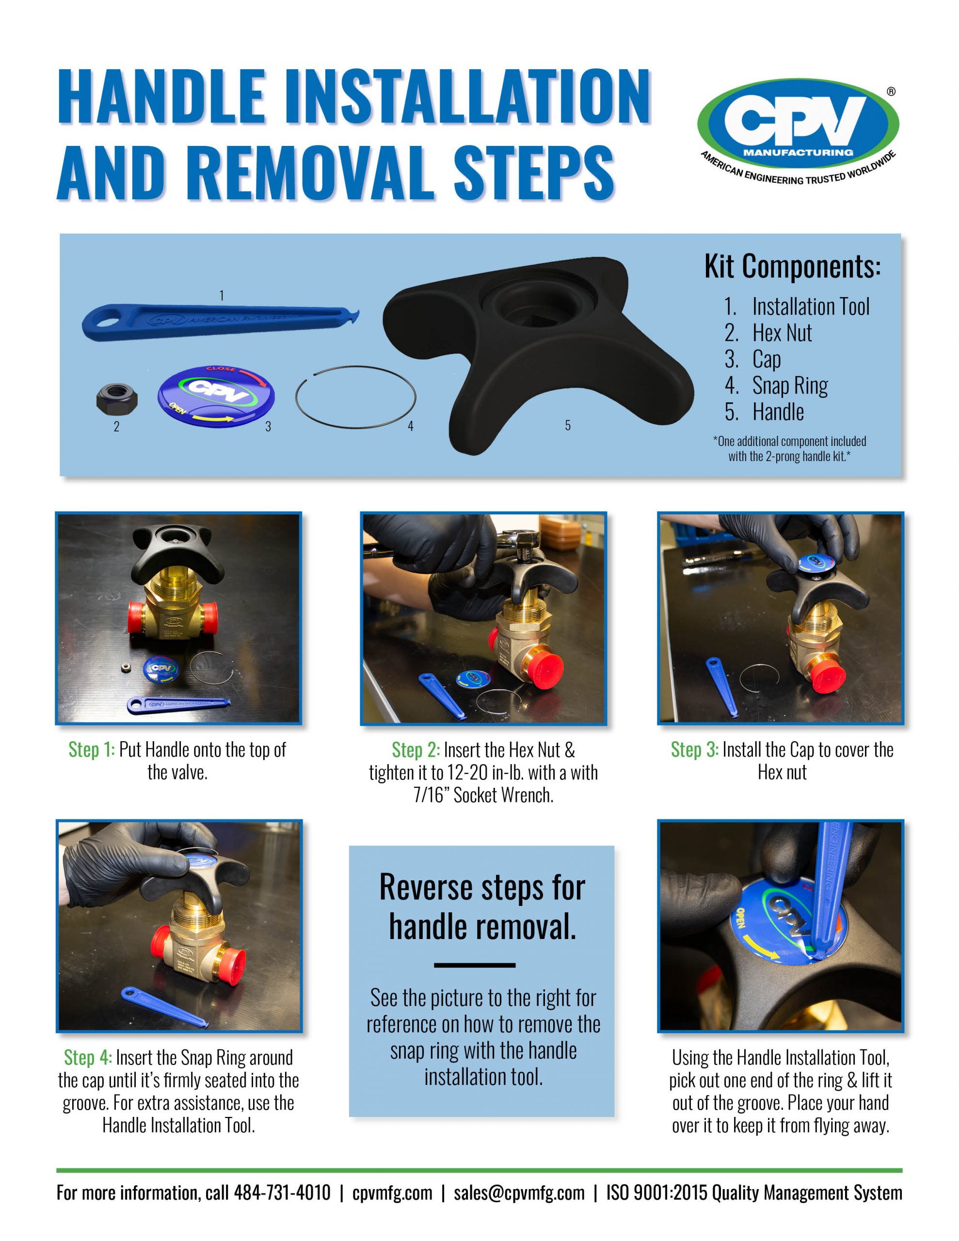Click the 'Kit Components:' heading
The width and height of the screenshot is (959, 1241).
pyautogui.click(x=792, y=266)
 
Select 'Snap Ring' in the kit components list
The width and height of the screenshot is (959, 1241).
pyautogui.click(x=790, y=386)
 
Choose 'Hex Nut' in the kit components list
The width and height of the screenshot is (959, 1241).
pyautogui.click(x=782, y=333)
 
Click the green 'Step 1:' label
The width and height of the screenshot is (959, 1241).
pyautogui.click(x=92, y=749)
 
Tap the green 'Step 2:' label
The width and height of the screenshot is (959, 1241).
pyautogui.click(x=416, y=750)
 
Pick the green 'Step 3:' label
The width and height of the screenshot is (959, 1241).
pyautogui.click(x=695, y=749)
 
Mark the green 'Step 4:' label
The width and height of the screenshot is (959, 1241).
pyautogui.click(x=88, y=1057)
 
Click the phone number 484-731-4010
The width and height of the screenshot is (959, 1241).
pyautogui.click(x=282, y=1192)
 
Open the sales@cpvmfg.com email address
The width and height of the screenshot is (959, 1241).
pyautogui.click(x=519, y=1192)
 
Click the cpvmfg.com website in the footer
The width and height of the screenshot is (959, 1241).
pyautogui.click(x=392, y=1192)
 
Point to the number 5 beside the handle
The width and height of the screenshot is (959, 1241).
pyautogui.click(x=567, y=425)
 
